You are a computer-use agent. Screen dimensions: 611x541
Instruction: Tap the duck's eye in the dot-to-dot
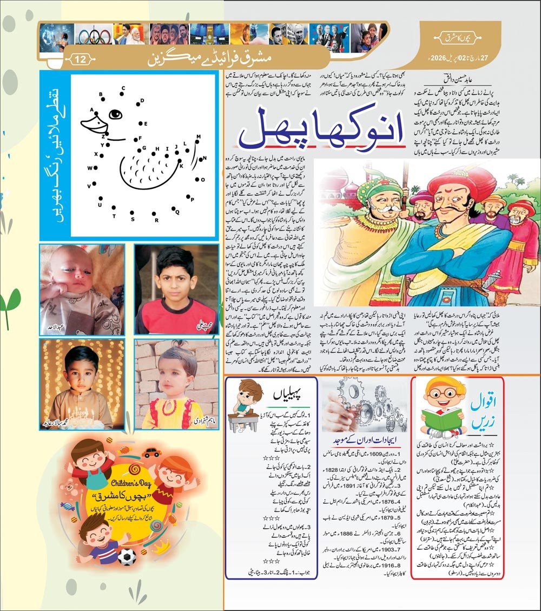pyautogui.click(x=115, y=115)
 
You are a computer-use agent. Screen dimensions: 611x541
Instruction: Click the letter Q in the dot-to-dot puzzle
pyautogui.click(x=177, y=212)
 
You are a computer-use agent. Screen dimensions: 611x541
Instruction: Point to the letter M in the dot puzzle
pyautogui.click(x=199, y=137)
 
